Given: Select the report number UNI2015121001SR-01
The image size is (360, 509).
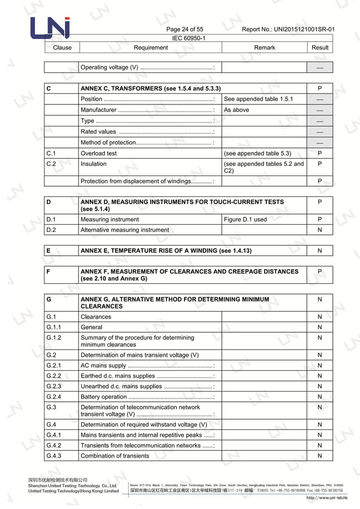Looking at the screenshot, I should (x=288, y=29).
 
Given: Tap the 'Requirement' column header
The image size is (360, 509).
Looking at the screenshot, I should (x=150, y=47).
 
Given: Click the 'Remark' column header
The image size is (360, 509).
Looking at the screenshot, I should (x=264, y=47).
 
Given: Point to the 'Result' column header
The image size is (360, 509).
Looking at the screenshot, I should (x=320, y=47).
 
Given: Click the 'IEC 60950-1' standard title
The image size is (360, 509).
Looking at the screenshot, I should (x=188, y=38).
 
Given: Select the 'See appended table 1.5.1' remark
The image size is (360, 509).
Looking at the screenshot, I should (x=258, y=99).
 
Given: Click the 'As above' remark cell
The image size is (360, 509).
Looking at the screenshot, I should (x=236, y=110).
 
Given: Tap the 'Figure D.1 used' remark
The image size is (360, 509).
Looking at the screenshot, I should (x=245, y=220).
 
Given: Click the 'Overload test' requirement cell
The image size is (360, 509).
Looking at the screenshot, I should (x=99, y=153).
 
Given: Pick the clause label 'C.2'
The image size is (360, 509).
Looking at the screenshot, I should (x=51, y=164).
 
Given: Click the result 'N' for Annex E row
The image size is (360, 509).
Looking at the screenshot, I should (x=320, y=251).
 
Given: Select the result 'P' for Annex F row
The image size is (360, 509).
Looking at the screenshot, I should (x=320, y=271).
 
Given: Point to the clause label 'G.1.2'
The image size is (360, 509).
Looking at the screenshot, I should (x=54, y=337).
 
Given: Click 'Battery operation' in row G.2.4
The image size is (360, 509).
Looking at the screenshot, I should (x=104, y=397).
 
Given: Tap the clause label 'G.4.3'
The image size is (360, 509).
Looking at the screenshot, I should (x=54, y=456).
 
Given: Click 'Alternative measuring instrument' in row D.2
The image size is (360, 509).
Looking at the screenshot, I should (x=125, y=230).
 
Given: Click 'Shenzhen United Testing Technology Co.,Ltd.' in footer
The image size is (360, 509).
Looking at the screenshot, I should (x=73, y=485).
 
